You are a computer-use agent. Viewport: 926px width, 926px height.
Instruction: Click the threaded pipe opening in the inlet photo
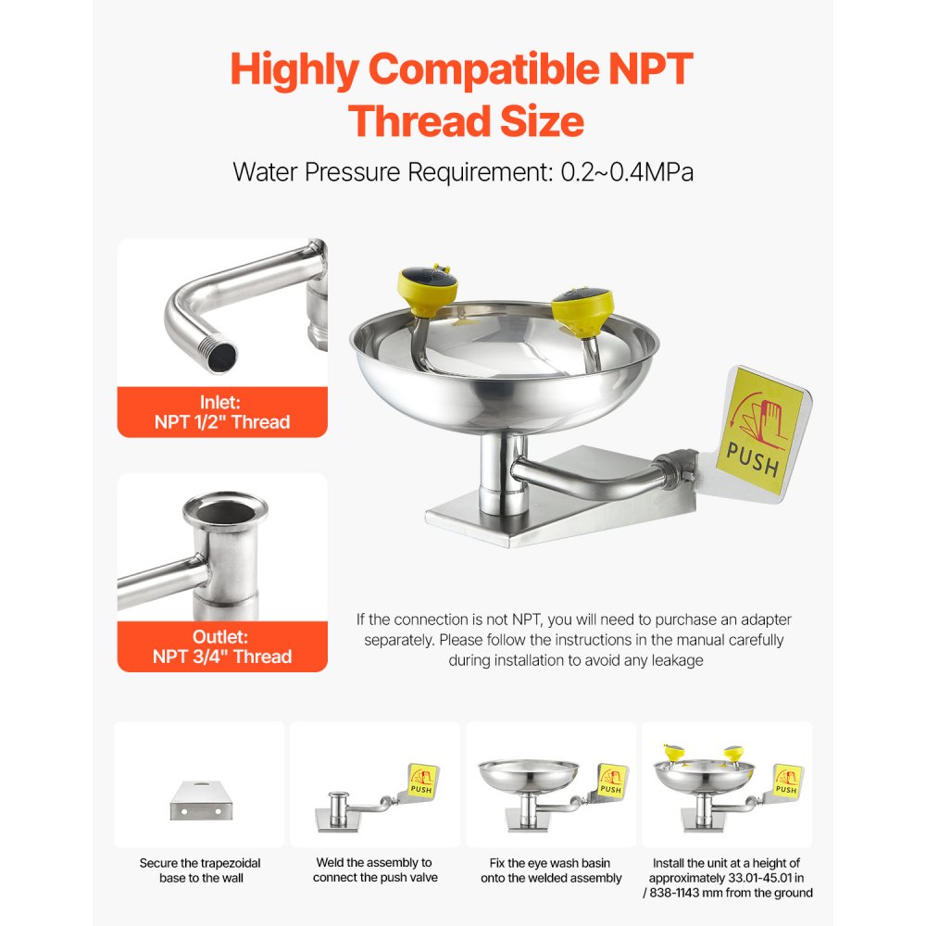tap(223, 356)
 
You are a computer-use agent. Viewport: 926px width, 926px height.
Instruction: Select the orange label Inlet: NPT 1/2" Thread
tap(221, 412)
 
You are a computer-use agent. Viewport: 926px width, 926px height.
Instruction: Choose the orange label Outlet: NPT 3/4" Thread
tap(221, 646)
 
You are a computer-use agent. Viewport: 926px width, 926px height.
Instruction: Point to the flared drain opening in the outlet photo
tap(213, 506)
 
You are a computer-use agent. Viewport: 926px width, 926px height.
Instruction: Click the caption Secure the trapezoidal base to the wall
tap(199, 870)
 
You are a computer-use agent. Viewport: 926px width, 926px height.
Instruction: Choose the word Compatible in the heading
tap(469, 70)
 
